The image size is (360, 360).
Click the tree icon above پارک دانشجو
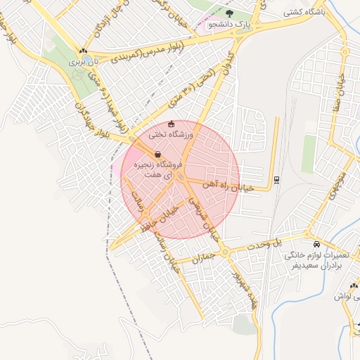[229, 13]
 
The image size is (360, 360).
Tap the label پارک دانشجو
[229, 26]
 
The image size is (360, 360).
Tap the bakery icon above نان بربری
[84, 51]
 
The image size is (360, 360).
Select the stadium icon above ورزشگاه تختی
[171, 124]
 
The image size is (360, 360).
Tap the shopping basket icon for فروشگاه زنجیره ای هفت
[157, 154]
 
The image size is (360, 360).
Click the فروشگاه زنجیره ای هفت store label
[159, 169]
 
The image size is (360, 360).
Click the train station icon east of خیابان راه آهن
[276, 179]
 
